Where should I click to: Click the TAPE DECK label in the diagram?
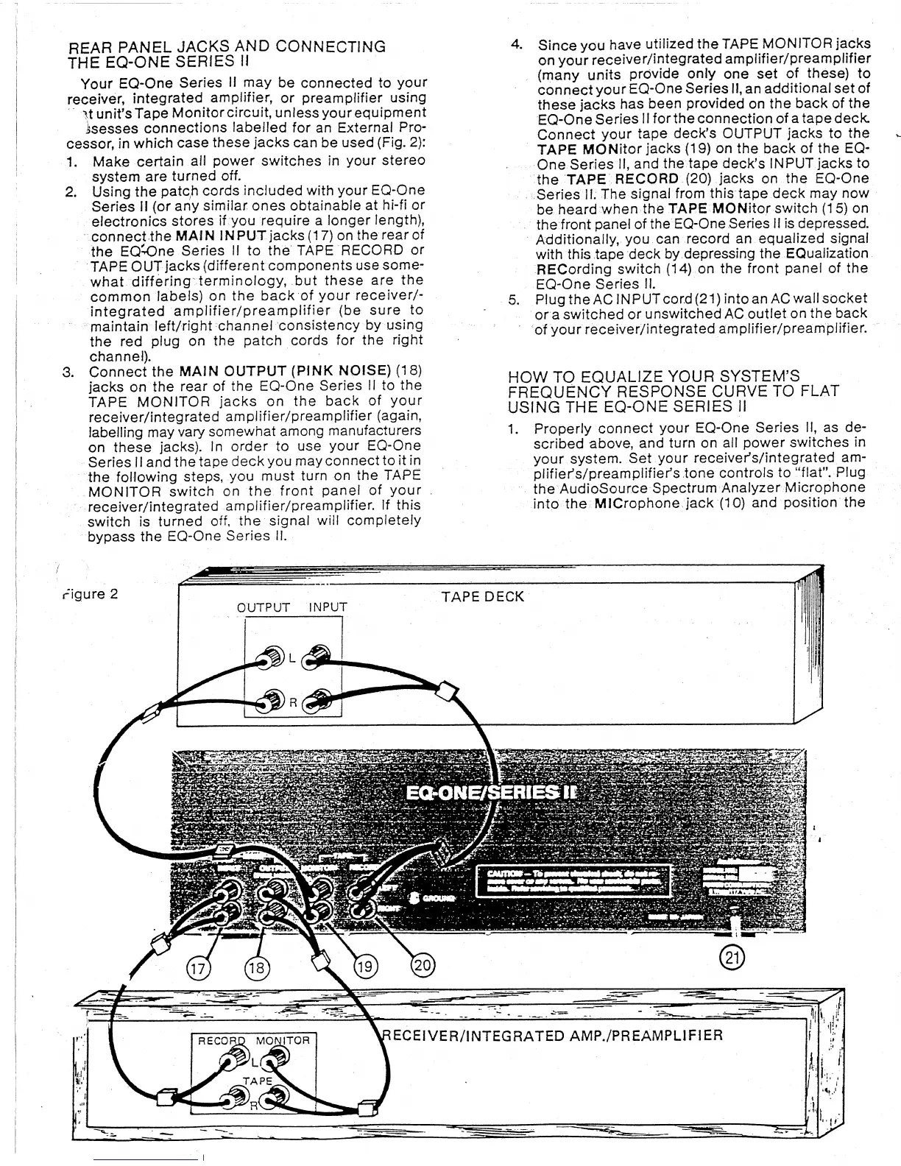point(482,596)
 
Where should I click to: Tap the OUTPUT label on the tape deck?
point(263,608)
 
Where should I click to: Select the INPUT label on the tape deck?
point(327,608)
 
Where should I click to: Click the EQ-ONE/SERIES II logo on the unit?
point(491,792)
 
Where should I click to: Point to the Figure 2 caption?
point(88,593)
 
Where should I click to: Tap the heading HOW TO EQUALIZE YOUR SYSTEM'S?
point(654,376)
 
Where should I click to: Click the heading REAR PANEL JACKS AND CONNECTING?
point(227,46)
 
